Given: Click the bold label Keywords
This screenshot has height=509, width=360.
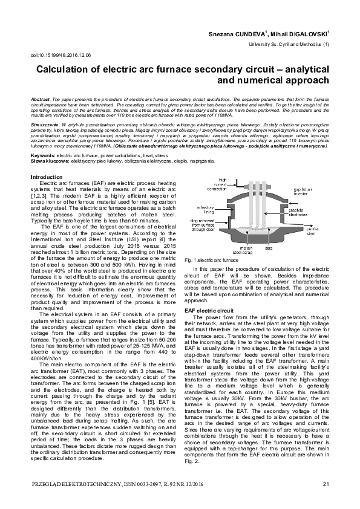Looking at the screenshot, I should (42, 156).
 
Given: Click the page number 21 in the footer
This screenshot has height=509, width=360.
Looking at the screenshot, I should (326, 484).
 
